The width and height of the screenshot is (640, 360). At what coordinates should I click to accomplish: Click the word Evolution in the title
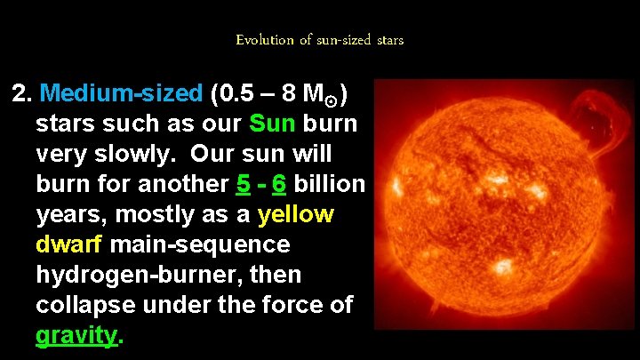(264, 40)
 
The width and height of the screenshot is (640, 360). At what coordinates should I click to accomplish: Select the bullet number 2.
(21, 92)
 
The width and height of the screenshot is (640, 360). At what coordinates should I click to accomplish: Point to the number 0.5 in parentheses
(236, 92)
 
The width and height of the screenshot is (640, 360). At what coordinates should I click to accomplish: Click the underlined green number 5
(243, 184)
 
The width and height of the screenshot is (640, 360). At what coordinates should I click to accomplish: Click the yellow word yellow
(295, 214)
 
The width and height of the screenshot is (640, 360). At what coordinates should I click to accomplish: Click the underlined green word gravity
(76, 336)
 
